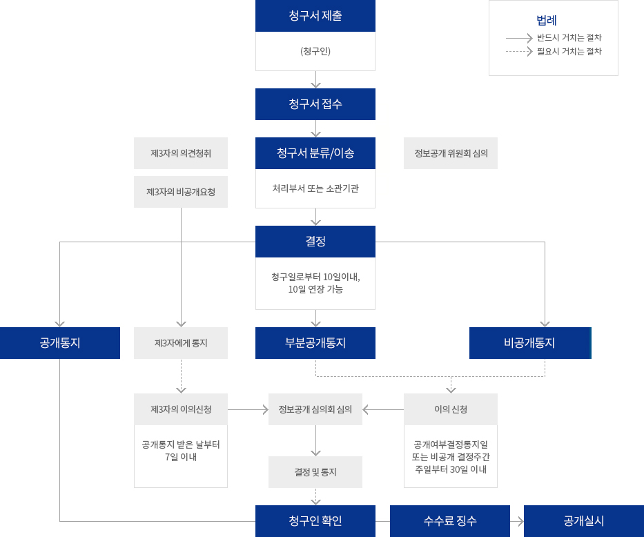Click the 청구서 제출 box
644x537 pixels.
click(315, 16)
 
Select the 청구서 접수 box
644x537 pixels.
click(315, 104)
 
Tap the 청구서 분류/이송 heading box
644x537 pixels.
click(315, 153)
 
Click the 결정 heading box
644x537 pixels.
click(315, 242)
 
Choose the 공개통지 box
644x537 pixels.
click(60, 343)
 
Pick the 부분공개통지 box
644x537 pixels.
click(315, 343)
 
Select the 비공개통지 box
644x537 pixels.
click(529, 343)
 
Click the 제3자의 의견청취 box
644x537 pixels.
click(181, 153)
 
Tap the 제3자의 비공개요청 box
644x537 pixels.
click(181, 192)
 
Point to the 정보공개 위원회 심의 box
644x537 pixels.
click(451, 153)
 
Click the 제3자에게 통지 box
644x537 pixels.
click(181, 343)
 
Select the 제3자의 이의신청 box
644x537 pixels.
click(181, 409)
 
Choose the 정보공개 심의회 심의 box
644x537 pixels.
click(315, 409)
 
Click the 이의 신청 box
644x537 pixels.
click(451, 409)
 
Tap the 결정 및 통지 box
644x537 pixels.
click(315, 472)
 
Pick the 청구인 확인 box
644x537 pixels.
click(315, 521)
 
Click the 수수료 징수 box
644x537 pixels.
click(450, 521)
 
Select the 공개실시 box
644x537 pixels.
click(584, 521)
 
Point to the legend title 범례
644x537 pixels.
click(546, 20)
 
